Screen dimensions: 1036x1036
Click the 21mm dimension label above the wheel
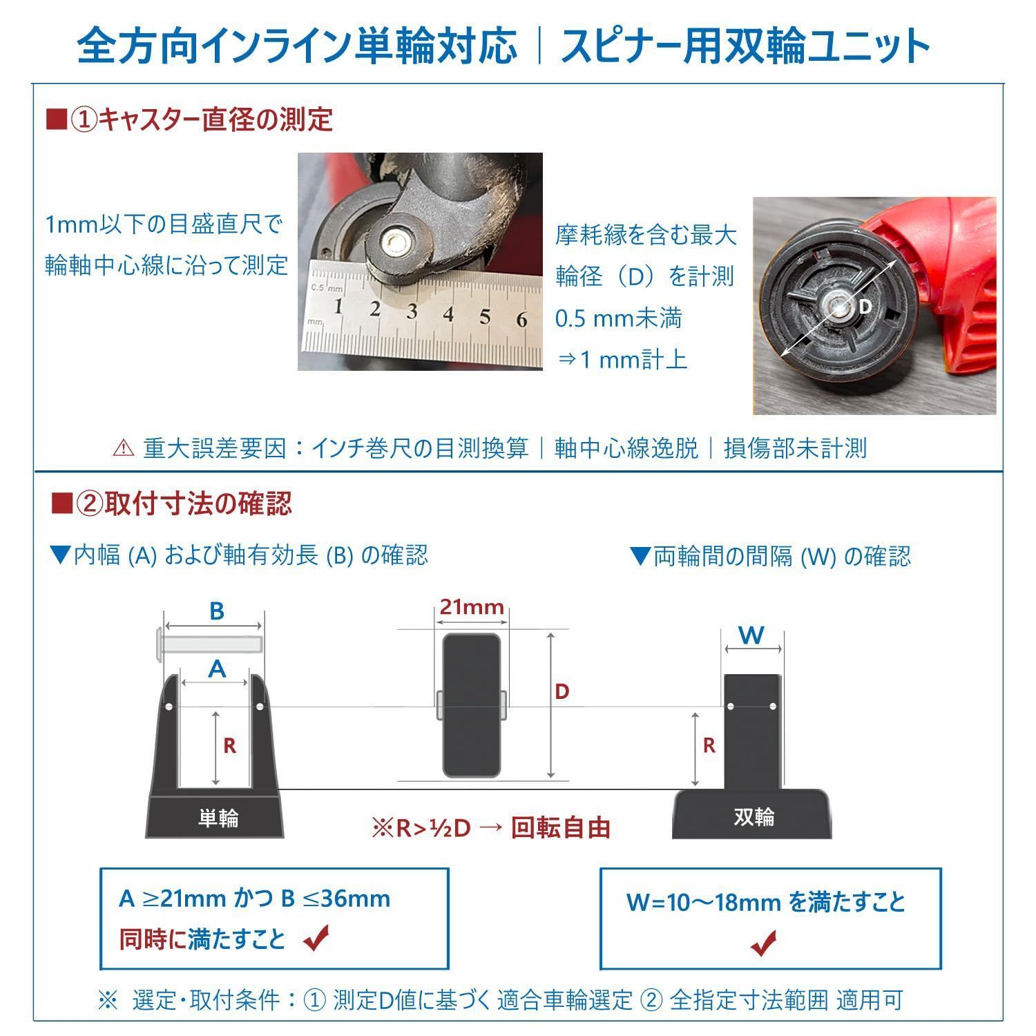(x=472, y=607)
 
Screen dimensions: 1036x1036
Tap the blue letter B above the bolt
(x=216, y=611)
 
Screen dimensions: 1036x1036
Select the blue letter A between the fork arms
(x=217, y=669)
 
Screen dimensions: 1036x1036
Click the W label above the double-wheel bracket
(x=752, y=635)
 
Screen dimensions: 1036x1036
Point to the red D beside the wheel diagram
(x=562, y=691)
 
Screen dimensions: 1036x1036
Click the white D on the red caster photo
(x=865, y=306)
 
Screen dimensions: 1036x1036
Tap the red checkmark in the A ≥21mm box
(x=316, y=939)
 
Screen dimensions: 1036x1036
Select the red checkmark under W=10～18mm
(x=763, y=943)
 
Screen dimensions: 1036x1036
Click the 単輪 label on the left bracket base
(x=218, y=818)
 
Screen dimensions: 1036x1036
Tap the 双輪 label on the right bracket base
(x=754, y=817)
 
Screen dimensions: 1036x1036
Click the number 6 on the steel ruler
(x=521, y=319)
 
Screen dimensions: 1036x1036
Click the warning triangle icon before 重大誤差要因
(x=123, y=449)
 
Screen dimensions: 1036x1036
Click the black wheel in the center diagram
(x=472, y=705)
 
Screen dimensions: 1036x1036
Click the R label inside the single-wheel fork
(x=230, y=746)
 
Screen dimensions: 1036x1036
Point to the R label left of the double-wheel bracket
(x=709, y=746)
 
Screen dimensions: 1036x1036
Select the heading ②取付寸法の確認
(x=173, y=503)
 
